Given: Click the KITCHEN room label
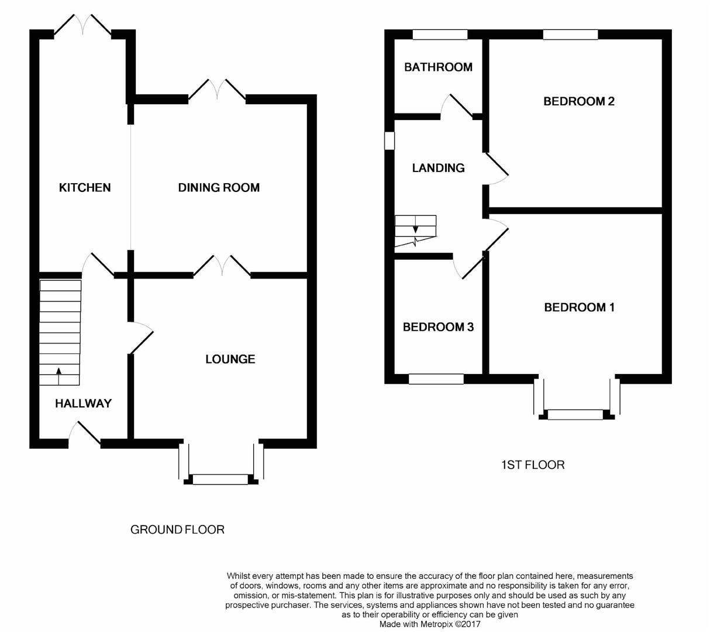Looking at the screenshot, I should pyautogui.click(x=85, y=187).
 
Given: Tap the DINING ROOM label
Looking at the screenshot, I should pyautogui.click(x=219, y=187).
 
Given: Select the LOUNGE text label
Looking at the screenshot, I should pyautogui.click(x=230, y=359).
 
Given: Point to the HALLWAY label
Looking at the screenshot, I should pyautogui.click(x=83, y=403).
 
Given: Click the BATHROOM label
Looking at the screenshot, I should pyautogui.click(x=438, y=67).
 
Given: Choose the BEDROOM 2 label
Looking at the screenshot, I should pyautogui.click(x=578, y=101).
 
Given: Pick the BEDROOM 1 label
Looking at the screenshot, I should pyautogui.click(x=579, y=307).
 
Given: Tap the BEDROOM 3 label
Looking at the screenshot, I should pyautogui.click(x=438, y=327).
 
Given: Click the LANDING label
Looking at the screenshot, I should pyautogui.click(x=438, y=168).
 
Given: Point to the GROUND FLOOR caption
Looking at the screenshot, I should pyautogui.click(x=177, y=530).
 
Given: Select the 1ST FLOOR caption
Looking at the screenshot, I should pyautogui.click(x=533, y=465).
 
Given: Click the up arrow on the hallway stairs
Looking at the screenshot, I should pyautogui.click(x=58, y=370).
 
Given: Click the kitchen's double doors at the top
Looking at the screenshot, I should pyautogui.click(x=82, y=26).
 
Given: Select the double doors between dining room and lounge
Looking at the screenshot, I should pyautogui.click(x=222, y=266).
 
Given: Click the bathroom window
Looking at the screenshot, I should pyautogui.click(x=440, y=35).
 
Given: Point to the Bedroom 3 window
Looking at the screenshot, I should pyautogui.click(x=436, y=379).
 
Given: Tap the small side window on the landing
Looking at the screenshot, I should pyautogui.click(x=389, y=140).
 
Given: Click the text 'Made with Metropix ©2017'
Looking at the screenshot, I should pyautogui.click(x=430, y=624).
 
